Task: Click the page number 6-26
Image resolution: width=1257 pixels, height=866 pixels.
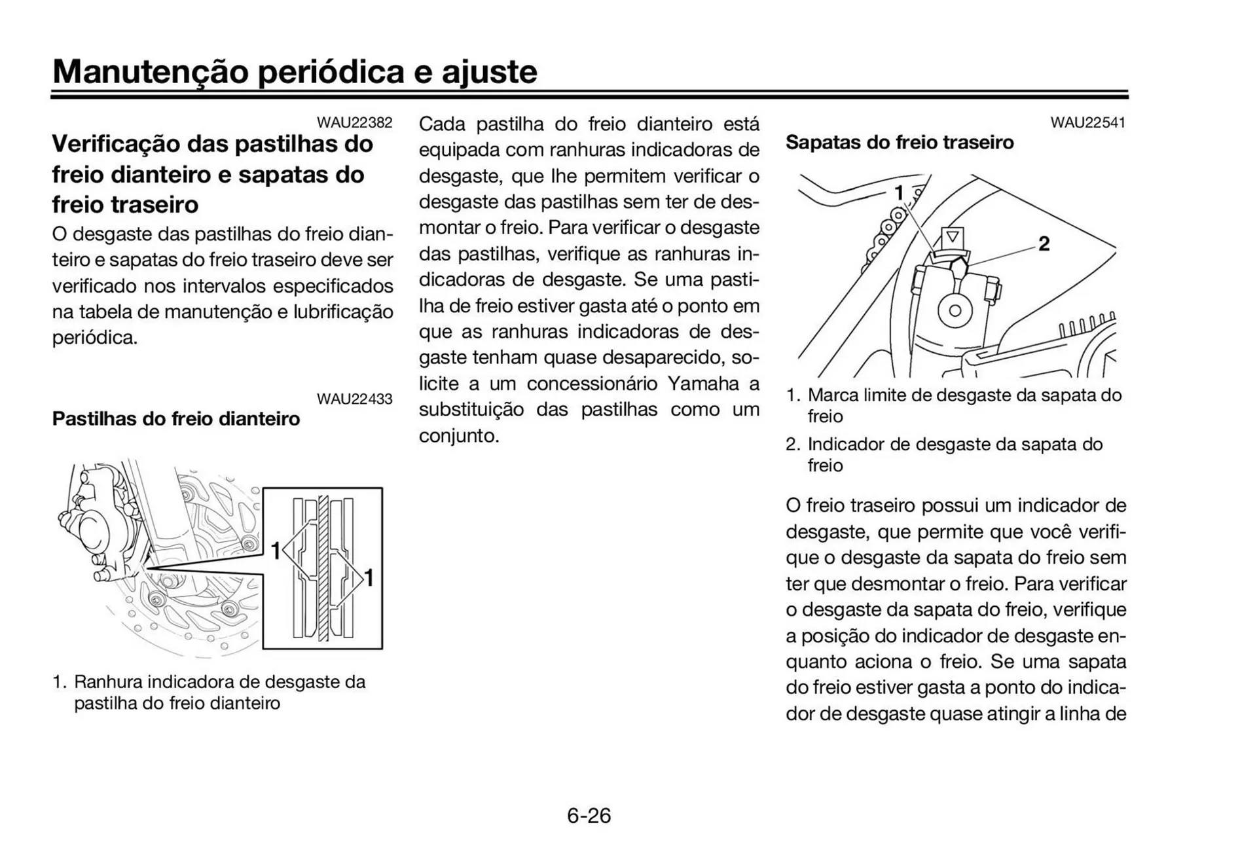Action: coord(589,816)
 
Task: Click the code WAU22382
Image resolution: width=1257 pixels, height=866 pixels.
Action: coord(354,122)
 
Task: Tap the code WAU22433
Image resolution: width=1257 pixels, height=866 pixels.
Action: coord(354,399)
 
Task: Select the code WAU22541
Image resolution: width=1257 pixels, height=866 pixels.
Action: coord(1087,122)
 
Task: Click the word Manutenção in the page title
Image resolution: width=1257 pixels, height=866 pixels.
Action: coord(151,71)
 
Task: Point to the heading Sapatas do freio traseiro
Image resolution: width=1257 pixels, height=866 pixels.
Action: coord(899,143)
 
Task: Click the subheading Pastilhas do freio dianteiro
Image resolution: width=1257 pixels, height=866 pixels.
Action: coord(175,419)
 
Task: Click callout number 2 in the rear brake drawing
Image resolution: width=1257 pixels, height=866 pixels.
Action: coord(1044,244)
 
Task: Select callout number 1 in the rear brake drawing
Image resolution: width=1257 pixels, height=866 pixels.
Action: coord(900,193)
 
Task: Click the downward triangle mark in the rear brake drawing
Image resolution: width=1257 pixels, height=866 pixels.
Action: coord(953,236)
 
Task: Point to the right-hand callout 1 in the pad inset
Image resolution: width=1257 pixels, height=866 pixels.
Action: coord(369,578)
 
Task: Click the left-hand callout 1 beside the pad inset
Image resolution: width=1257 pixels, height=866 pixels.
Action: coord(276,550)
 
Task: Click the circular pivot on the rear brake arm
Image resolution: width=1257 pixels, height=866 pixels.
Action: coord(955,311)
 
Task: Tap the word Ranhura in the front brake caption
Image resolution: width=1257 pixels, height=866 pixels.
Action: coord(107,682)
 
